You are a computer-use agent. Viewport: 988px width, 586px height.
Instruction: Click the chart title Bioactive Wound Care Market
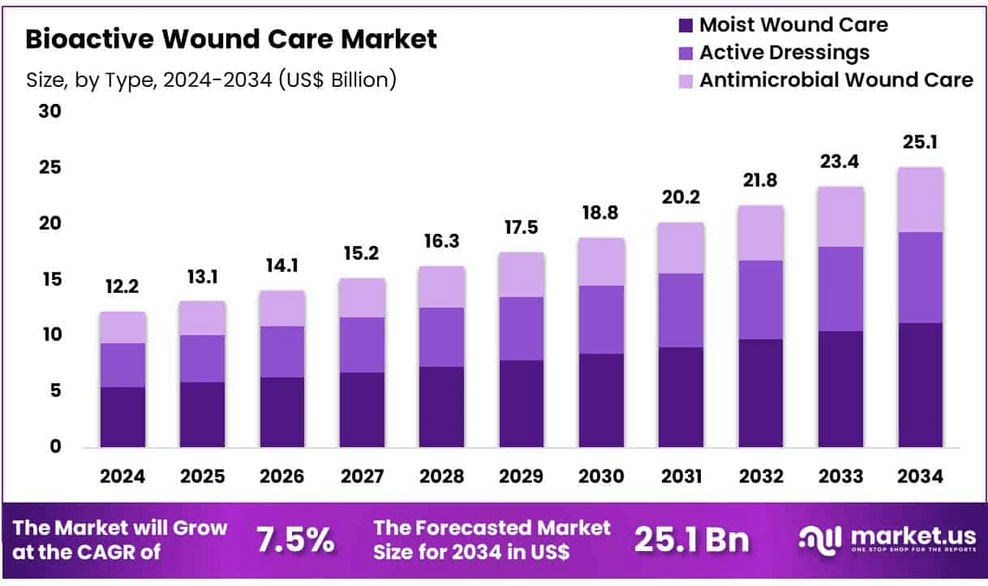click(x=231, y=39)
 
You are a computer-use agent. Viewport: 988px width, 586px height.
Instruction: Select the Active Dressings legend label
click(x=784, y=53)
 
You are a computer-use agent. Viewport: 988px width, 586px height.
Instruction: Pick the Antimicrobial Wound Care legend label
click(x=836, y=80)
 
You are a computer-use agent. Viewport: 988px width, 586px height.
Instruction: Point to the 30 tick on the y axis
click(x=50, y=111)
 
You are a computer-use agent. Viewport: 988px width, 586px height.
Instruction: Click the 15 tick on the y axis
click(x=50, y=279)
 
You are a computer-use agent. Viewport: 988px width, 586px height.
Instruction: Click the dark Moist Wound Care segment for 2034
click(x=920, y=385)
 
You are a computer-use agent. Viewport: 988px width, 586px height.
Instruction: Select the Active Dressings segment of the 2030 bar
click(x=600, y=320)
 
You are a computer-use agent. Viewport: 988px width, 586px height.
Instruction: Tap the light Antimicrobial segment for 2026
click(x=282, y=308)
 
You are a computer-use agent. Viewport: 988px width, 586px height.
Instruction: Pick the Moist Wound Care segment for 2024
click(x=122, y=416)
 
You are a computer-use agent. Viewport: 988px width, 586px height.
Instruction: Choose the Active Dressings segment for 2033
click(x=840, y=289)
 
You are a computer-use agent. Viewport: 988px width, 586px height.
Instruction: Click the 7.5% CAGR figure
click(x=294, y=539)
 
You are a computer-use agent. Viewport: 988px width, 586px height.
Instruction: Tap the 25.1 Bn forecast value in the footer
click(x=692, y=539)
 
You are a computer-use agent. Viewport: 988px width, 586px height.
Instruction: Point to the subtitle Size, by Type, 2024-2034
click(x=211, y=80)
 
